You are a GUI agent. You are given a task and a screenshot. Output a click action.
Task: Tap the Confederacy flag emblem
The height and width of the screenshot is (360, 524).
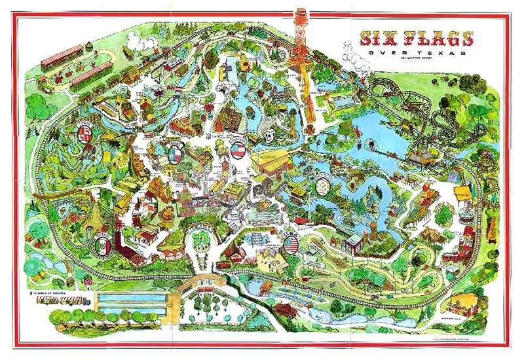click(x=239, y=150)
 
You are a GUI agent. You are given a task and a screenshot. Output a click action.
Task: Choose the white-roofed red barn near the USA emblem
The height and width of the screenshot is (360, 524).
click(x=354, y=242)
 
